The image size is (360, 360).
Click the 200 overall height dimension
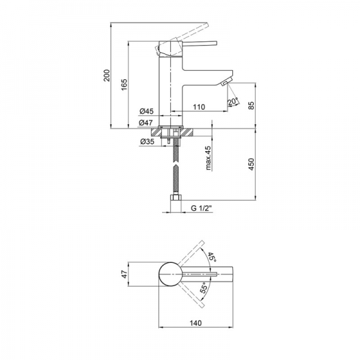click(x=107, y=75)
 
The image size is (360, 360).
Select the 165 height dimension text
click(x=124, y=85)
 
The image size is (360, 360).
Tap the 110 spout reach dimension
click(x=199, y=107)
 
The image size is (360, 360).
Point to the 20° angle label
click(x=233, y=102)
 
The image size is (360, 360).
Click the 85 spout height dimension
click(x=251, y=105)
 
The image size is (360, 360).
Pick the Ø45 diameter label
click(x=146, y=112)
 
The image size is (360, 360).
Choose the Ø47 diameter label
click(x=146, y=122)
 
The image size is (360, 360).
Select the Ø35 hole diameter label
click(x=147, y=142)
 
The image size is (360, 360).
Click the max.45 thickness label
click(x=208, y=157)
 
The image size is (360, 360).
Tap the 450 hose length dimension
click(x=251, y=164)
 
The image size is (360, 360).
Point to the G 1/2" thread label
click(x=201, y=208)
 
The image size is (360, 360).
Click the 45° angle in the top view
click(x=212, y=257)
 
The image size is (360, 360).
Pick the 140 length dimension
click(x=196, y=323)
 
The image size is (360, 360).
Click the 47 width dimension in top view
click(x=124, y=274)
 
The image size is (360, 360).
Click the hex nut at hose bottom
click(x=176, y=197)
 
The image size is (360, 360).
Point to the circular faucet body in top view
click(x=170, y=274)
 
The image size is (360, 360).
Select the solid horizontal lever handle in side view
click(x=200, y=44)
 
